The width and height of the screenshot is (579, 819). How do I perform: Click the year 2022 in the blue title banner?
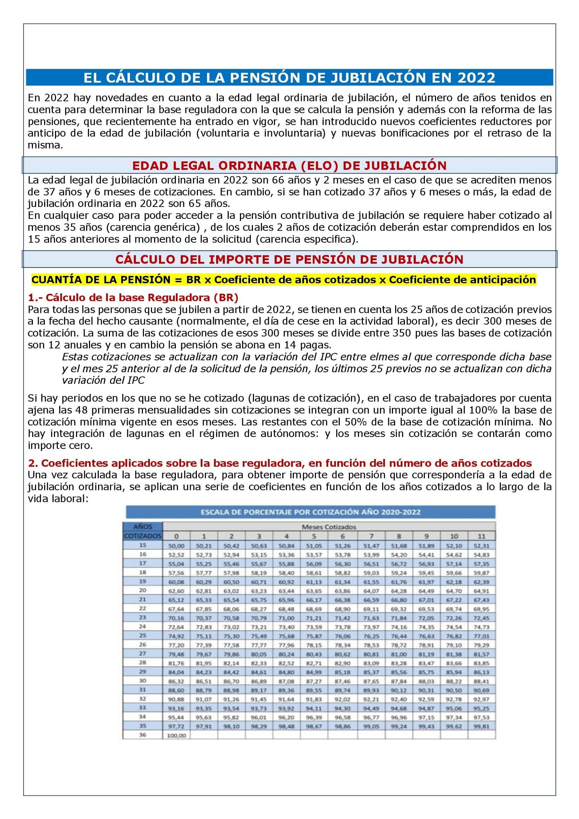coord(476,78)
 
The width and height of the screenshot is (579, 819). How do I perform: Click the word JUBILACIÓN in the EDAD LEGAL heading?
coord(405,166)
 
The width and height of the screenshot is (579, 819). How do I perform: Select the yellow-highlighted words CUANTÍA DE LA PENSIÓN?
coord(101,280)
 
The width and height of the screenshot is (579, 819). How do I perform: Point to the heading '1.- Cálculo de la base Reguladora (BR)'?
coord(133,298)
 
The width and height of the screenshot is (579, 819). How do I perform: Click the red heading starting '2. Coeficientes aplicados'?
coord(280,463)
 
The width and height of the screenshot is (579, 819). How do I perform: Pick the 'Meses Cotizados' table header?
coord(329,527)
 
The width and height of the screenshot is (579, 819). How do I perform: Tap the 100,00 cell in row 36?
coord(176,735)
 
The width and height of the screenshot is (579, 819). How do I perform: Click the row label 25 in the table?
coord(143,635)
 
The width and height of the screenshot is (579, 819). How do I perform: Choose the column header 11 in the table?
coord(481,536)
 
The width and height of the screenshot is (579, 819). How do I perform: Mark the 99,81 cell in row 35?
coord(481,726)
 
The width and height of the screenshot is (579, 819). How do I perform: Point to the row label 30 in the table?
coord(143,680)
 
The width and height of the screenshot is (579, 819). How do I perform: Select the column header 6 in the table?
coord(342,536)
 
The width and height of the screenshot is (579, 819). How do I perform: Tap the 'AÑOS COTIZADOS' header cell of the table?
coord(143,531)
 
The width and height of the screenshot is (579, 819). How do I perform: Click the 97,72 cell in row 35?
coord(176,726)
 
